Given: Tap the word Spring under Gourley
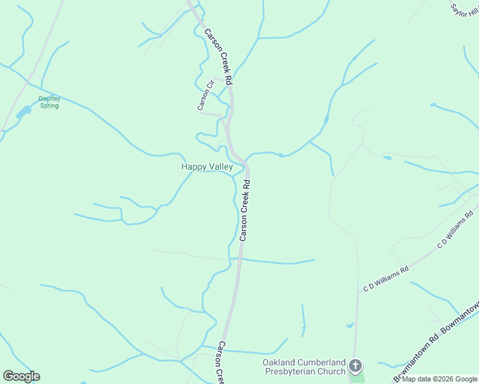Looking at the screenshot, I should click(49, 106).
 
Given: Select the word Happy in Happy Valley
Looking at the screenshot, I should click(193, 166).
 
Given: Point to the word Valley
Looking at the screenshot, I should click(220, 166).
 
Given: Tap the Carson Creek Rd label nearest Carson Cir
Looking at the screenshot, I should click(218, 56).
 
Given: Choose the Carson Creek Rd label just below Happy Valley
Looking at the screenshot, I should click(245, 210).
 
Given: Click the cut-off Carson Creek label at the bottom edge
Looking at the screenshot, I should click(220, 363).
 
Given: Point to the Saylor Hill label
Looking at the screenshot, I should click(464, 10).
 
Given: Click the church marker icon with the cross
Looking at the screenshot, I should click(355, 367).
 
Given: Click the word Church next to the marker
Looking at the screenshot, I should click(332, 371).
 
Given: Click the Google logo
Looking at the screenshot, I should click(21, 376).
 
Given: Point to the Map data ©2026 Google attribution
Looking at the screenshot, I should click(440, 379).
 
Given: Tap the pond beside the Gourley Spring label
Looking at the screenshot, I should click(24, 112).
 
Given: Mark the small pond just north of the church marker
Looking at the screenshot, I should click(350, 325).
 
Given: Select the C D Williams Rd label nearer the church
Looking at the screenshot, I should click(386, 280).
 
